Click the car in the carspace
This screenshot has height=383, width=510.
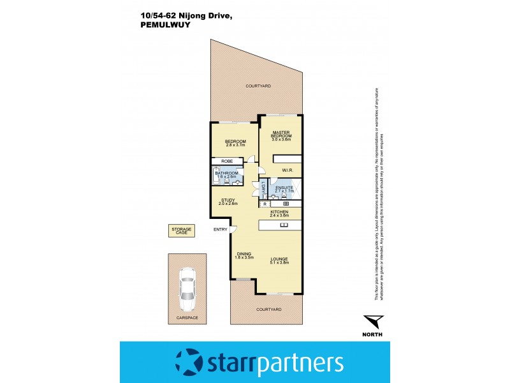click(187, 285)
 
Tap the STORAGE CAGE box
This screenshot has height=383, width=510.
click(181, 230)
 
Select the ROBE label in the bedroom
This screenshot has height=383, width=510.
click(227, 161)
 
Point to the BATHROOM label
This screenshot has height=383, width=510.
click(227, 173)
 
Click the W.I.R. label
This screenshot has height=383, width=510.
click(287, 170)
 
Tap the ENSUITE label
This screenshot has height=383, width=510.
click(284, 188)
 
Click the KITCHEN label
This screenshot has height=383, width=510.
click(280, 212)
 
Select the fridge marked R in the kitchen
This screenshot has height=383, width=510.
click(265, 204)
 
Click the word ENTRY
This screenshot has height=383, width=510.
click(221, 230)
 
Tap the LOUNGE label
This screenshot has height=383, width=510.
click(279, 259)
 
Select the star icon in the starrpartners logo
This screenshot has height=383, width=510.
click(189, 363)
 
